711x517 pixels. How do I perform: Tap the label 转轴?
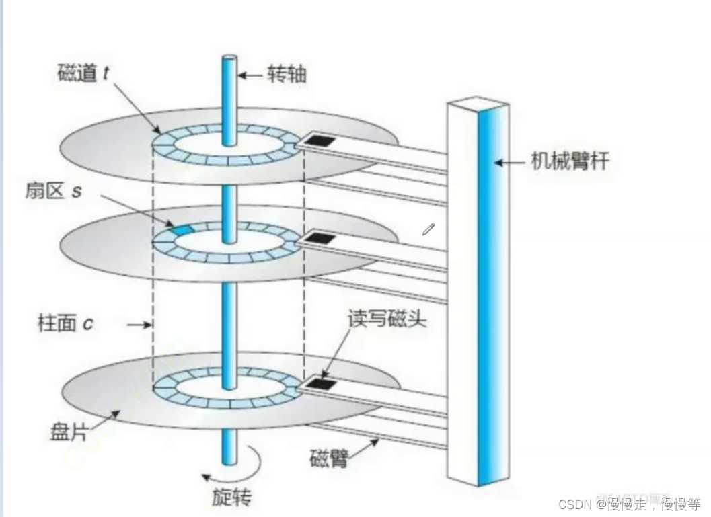287,74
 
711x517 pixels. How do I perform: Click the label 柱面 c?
65,324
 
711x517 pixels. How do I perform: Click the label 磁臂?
329,460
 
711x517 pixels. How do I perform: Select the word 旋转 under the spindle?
232,498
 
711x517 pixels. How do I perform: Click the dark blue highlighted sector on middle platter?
181,229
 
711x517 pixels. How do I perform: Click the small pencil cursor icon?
428,229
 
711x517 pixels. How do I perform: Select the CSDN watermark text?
629,503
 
